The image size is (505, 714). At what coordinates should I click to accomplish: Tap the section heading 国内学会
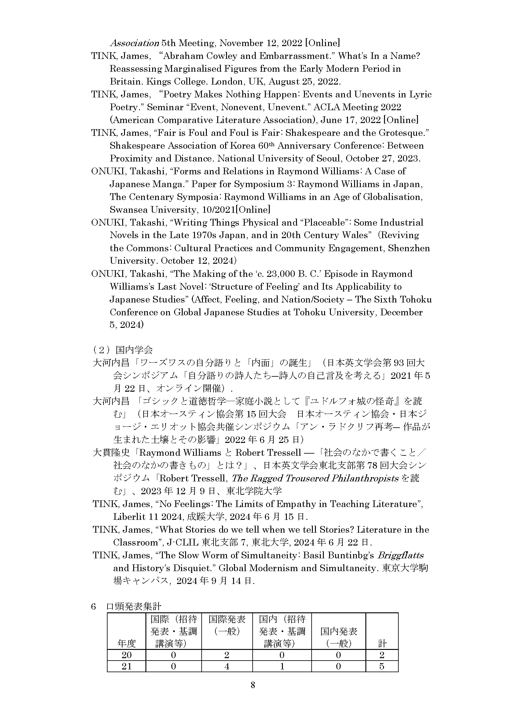(x=134, y=350)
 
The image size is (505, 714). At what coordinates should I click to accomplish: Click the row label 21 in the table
(x=127, y=666)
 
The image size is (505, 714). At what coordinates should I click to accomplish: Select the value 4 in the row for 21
(x=227, y=666)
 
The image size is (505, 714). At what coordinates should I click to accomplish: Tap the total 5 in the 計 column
(x=382, y=666)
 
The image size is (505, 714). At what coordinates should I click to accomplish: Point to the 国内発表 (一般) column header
(x=338, y=636)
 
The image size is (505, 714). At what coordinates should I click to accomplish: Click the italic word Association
(x=134, y=43)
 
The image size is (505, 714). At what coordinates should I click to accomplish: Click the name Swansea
(x=129, y=210)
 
